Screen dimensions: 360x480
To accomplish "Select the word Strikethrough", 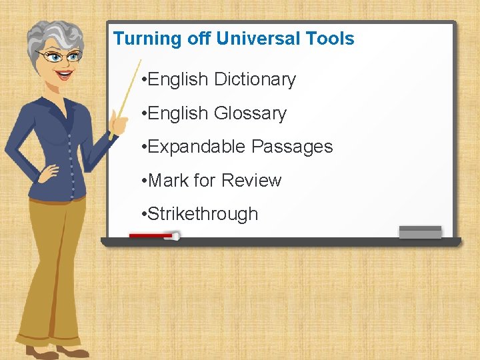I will click(x=203, y=214).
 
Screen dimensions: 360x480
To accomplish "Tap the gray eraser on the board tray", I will click(x=420, y=232).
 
